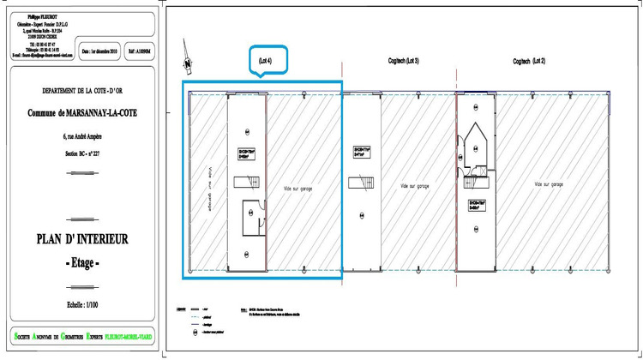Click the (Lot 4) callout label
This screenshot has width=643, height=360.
(265, 61)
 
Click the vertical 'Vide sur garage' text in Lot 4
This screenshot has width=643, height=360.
(207, 188)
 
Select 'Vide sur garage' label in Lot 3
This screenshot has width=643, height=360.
(415, 184)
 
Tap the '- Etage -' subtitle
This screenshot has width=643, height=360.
(82, 262)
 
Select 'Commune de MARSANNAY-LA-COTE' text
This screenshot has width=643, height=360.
(82, 112)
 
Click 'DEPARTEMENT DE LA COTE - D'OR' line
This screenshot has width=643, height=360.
(82, 90)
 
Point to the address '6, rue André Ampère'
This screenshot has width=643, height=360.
(82, 136)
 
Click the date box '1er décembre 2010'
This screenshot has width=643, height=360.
(99, 51)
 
